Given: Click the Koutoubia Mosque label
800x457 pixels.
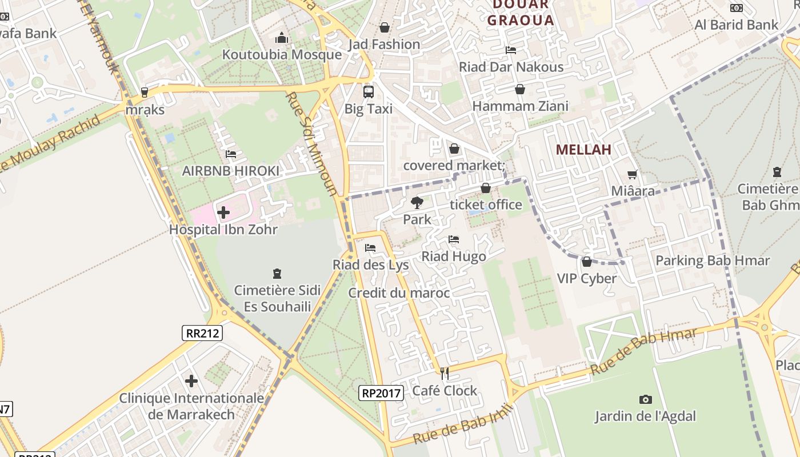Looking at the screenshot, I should [x=282, y=55].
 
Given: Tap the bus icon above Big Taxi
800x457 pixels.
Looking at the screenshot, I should [x=369, y=91].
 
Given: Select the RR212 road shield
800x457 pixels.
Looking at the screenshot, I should [x=202, y=333].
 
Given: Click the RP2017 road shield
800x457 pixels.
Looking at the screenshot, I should [x=381, y=392].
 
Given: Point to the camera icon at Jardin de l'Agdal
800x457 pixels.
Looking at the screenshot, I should [x=646, y=399].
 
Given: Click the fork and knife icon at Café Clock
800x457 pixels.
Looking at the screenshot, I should [x=445, y=374].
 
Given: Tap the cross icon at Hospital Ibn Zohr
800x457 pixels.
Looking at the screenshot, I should [x=223, y=213].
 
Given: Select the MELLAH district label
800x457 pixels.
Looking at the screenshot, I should [x=583, y=150].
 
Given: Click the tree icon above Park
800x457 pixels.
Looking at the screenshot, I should [x=417, y=202].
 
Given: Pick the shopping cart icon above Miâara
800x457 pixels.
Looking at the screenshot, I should [x=633, y=174].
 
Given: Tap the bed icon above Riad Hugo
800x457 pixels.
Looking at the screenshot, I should [x=454, y=239].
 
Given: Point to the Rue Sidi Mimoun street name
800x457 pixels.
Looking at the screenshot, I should [x=311, y=143].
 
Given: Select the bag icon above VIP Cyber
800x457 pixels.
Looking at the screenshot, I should [x=586, y=262].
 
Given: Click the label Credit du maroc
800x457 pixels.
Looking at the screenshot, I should [x=399, y=293].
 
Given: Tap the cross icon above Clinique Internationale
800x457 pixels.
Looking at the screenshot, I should [x=191, y=381].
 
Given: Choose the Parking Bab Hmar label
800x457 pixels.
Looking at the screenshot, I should [x=713, y=261].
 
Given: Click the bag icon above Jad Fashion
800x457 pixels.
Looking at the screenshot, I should [x=385, y=27].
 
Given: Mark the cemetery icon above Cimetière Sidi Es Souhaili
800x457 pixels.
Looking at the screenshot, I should [x=277, y=274].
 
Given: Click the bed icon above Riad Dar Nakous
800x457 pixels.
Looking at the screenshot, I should [x=511, y=50].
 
